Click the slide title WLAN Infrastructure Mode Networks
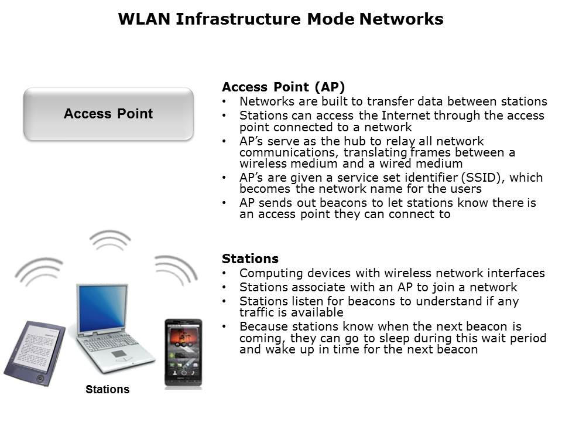[280, 19]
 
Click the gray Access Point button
[109, 114]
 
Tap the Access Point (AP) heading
[283, 87]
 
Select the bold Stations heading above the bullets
[250, 258]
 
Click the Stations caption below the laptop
[108, 389]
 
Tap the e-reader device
[35, 353]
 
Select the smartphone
[183, 353]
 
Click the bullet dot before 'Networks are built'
[224, 101]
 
